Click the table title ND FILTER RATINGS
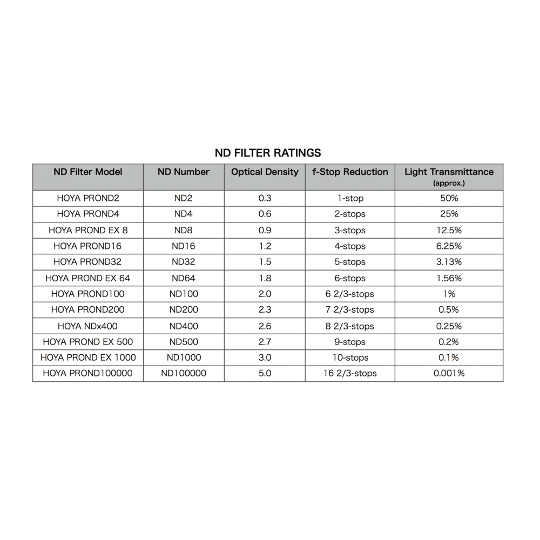[x=268, y=153]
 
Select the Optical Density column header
[x=265, y=172]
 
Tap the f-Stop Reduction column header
[x=350, y=172]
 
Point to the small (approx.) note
[x=449, y=184]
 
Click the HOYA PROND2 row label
[x=88, y=198]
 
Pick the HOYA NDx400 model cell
[x=87, y=326]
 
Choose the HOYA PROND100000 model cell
[x=87, y=373]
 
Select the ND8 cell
[x=184, y=230]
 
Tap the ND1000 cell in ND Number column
[x=184, y=357]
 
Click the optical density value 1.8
[x=265, y=278]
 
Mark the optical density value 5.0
[x=265, y=373]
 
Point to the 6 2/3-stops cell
[x=350, y=294]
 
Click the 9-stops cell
[x=350, y=342]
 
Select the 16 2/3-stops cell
[x=350, y=373]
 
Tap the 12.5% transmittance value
[x=449, y=230]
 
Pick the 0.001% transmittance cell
[x=449, y=373]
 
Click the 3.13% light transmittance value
[x=449, y=262]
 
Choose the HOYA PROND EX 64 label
[x=87, y=278]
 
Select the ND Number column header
[x=184, y=172]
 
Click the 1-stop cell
[x=350, y=198]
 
